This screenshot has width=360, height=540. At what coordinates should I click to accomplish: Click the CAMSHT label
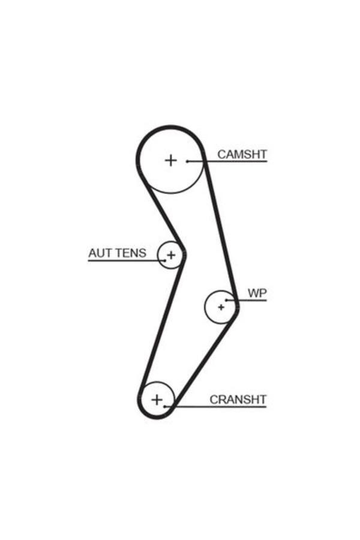point(242,154)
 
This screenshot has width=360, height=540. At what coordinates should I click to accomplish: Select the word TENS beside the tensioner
point(130,253)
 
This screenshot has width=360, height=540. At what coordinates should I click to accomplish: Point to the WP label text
point(257,293)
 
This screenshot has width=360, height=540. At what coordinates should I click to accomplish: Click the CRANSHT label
point(238,399)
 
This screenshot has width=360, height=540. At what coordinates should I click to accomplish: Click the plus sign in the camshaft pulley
point(171,160)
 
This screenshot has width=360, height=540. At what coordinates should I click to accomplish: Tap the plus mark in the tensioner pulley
point(171,256)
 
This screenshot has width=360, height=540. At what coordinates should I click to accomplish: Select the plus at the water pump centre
point(221,307)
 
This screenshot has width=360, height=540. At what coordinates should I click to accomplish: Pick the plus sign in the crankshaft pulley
point(157,399)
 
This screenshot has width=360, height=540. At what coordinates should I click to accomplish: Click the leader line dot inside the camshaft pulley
point(188,161)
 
